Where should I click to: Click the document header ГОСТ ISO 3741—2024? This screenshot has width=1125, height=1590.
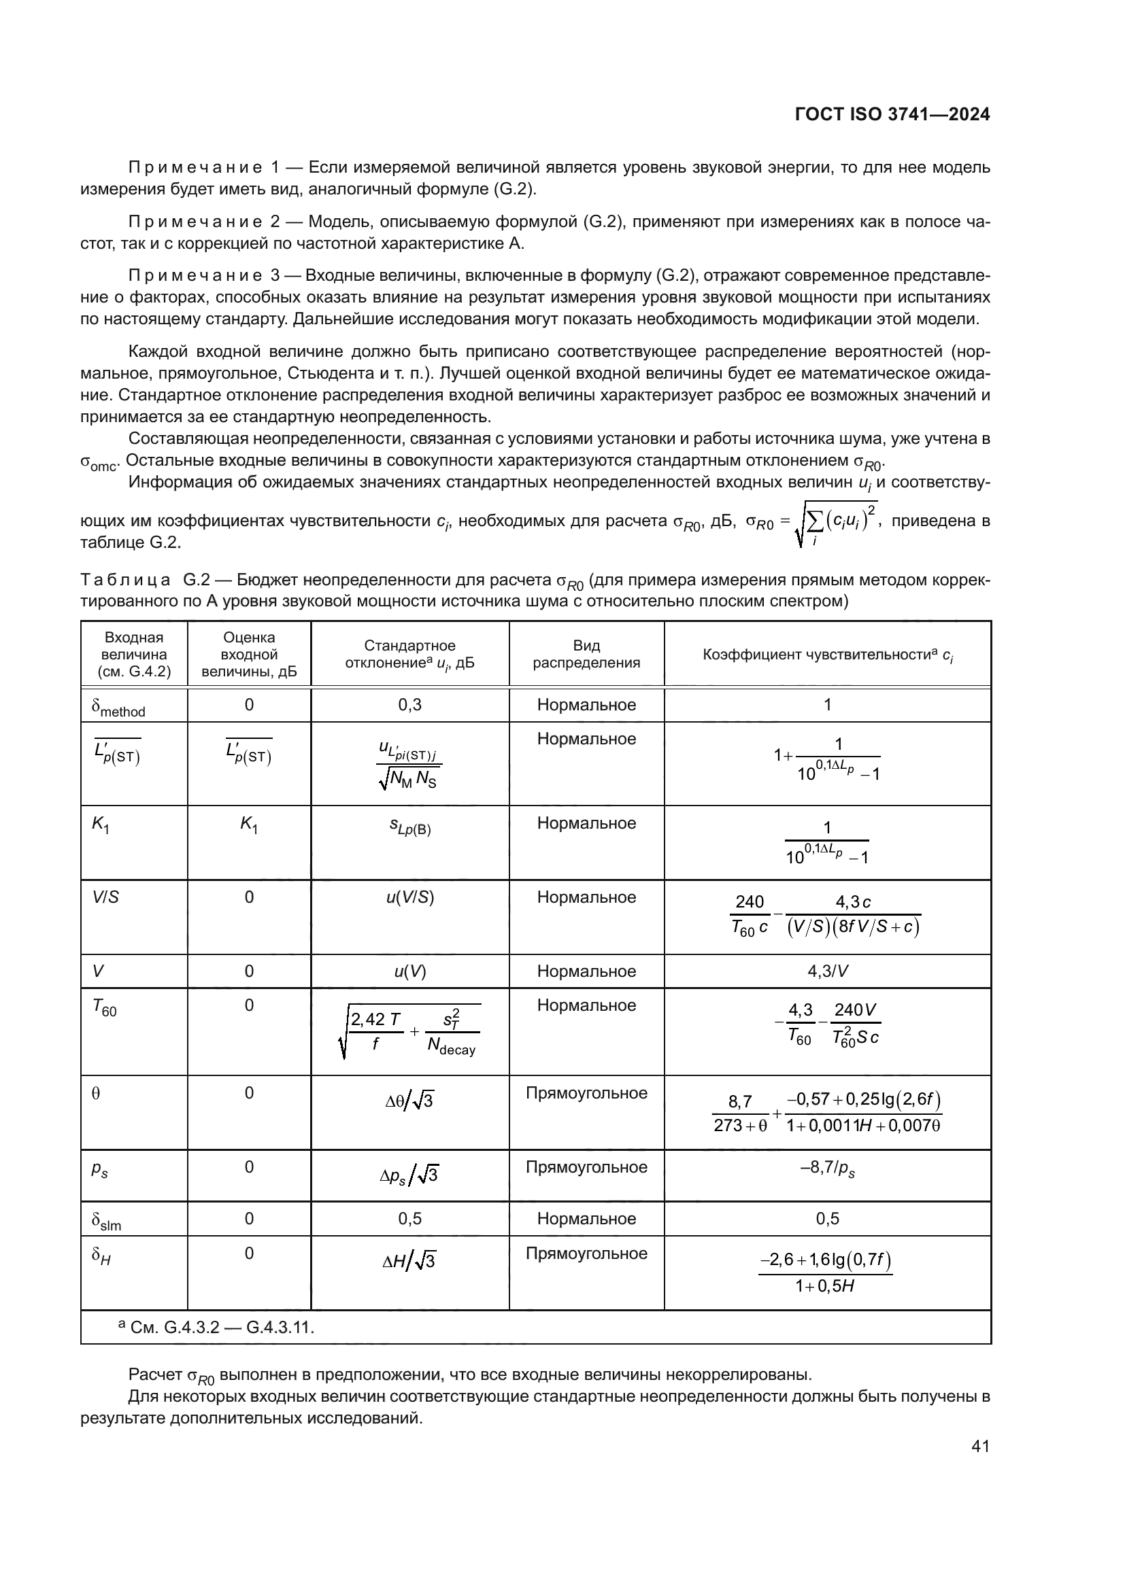(x=892, y=115)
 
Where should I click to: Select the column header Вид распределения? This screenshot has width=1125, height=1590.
(x=586, y=654)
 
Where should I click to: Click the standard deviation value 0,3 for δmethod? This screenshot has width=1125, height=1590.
(x=409, y=705)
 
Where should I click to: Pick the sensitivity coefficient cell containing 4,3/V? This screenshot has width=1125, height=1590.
(x=827, y=971)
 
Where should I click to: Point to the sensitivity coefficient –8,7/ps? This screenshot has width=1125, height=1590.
(x=827, y=1169)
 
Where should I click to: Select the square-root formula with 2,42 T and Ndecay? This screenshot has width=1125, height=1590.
(x=409, y=1031)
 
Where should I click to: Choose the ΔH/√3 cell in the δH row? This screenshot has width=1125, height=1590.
(x=409, y=1261)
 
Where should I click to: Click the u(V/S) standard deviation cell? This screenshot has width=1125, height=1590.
(x=409, y=897)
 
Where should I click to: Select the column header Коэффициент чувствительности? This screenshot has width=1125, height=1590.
(x=827, y=655)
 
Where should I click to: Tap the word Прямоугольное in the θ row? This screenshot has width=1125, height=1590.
(x=586, y=1093)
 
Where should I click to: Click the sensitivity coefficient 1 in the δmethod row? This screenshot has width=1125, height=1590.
(x=827, y=705)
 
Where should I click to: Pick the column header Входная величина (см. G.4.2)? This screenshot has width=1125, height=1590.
(x=135, y=654)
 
